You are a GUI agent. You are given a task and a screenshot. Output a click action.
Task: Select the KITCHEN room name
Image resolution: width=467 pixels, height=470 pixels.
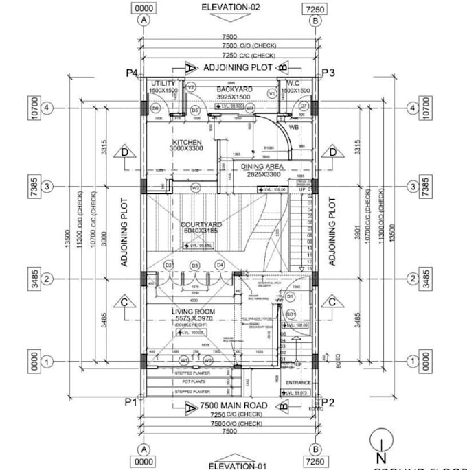(186, 143)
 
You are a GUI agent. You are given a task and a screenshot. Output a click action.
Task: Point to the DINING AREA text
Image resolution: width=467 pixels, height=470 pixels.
(262, 167)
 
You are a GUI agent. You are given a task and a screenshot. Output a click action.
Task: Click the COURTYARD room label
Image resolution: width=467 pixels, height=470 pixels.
(201, 225)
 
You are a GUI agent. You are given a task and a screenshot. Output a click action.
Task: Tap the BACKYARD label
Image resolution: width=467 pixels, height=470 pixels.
(235, 89)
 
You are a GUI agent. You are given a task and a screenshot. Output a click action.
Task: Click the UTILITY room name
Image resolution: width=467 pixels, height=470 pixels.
(163, 83)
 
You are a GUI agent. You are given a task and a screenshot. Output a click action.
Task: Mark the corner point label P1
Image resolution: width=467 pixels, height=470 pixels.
(131, 402)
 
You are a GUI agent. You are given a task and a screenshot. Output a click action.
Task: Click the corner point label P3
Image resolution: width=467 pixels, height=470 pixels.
(328, 73)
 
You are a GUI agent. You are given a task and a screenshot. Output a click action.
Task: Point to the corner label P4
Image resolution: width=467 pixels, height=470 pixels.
(132, 73)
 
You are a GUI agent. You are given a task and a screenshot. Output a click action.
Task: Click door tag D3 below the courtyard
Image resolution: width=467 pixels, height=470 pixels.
(194, 266)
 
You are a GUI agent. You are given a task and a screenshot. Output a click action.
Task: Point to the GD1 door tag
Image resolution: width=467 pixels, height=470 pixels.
(291, 314)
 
